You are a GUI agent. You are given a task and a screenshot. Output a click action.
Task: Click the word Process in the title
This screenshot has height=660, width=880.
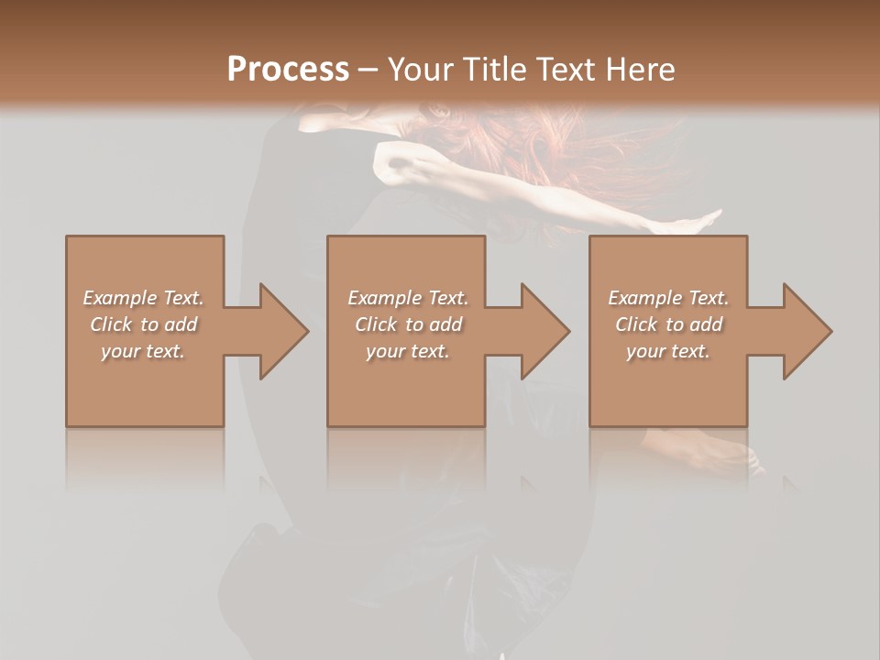point(288,70)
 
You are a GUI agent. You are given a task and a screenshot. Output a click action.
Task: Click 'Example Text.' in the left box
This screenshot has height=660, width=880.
point(143,298)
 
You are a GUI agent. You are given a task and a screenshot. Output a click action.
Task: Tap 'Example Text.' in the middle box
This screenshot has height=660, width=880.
point(407,298)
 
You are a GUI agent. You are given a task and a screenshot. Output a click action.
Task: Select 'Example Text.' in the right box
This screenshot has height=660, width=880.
point(668,298)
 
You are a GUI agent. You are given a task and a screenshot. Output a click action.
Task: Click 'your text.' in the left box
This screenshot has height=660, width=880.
point(143,351)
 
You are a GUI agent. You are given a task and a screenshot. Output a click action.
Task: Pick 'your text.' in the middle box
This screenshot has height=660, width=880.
point(407,351)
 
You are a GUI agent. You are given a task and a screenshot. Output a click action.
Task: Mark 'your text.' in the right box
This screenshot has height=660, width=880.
point(668,351)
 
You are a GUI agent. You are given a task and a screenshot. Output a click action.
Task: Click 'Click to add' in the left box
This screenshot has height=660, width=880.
point(143,324)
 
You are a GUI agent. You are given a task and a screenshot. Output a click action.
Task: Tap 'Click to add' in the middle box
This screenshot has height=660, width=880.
point(407,324)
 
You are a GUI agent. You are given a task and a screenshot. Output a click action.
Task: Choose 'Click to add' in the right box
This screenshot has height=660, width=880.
point(668,324)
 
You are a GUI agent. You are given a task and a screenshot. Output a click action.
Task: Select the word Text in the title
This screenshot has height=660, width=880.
point(566,70)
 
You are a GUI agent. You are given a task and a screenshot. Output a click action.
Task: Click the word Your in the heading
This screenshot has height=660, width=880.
point(417,70)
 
